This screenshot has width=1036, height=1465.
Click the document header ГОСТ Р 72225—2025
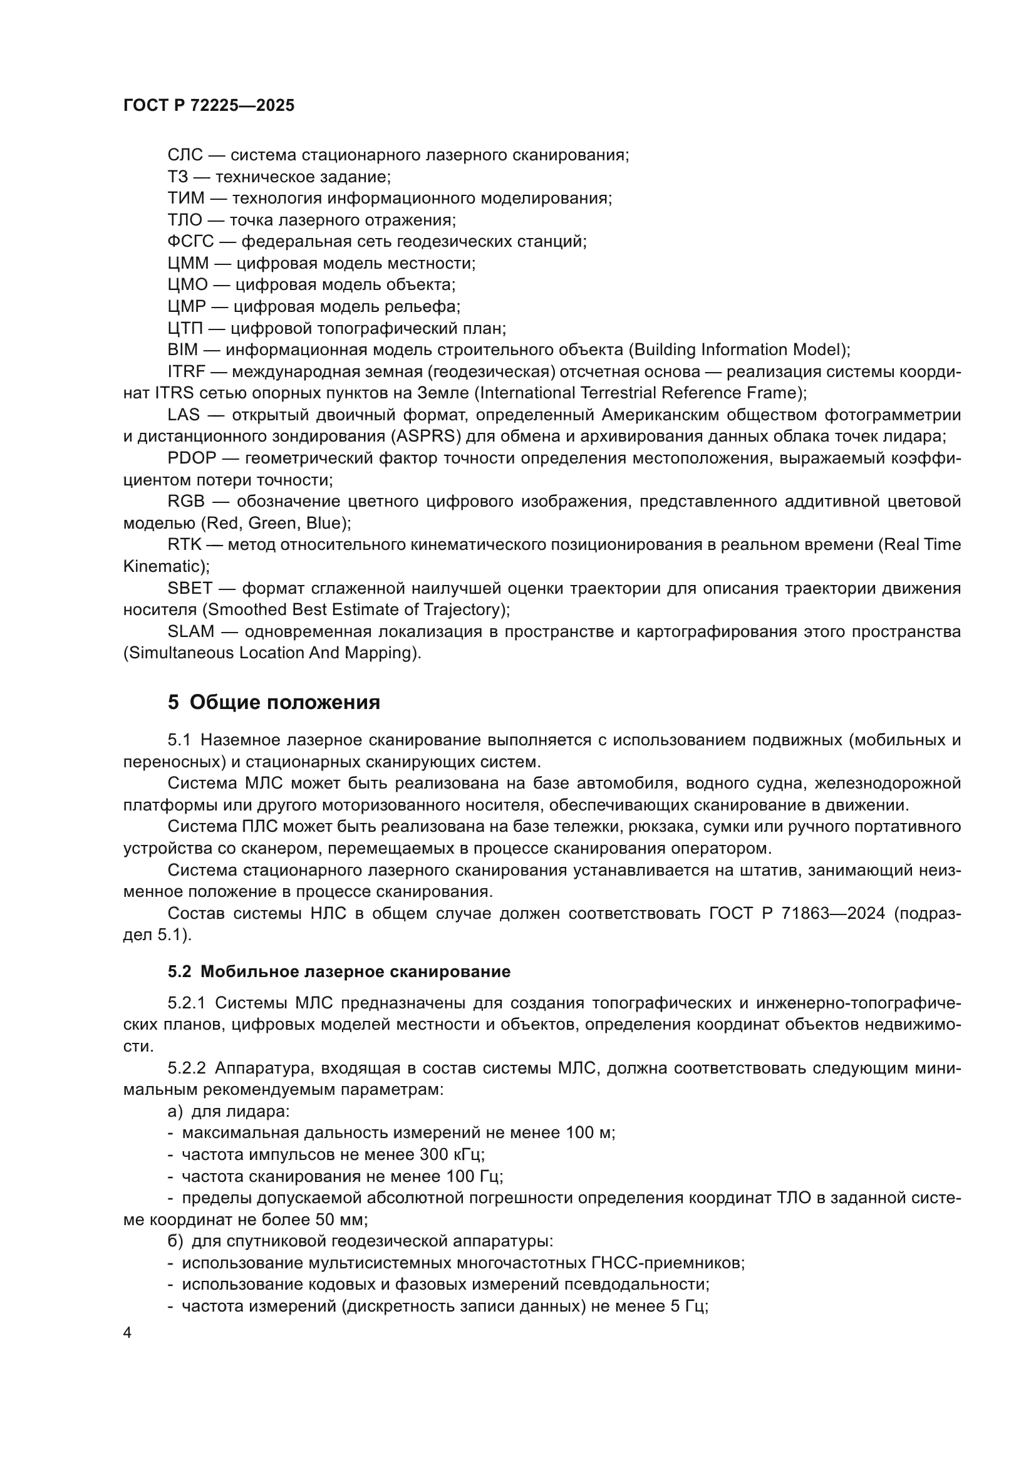[x=209, y=106]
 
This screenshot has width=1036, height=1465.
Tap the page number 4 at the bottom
[x=127, y=1332]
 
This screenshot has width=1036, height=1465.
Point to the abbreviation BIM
[x=182, y=349]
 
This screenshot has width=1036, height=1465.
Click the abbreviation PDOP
[x=192, y=458]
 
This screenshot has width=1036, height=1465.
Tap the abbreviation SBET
[x=189, y=588]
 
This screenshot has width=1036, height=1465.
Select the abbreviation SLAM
[x=191, y=631]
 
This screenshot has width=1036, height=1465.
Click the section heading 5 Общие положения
[x=274, y=703]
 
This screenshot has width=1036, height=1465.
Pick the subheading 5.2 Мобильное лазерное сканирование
[x=339, y=971]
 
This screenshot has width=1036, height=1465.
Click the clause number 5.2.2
[x=186, y=1068]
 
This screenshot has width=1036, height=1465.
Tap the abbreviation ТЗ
[x=178, y=177]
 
